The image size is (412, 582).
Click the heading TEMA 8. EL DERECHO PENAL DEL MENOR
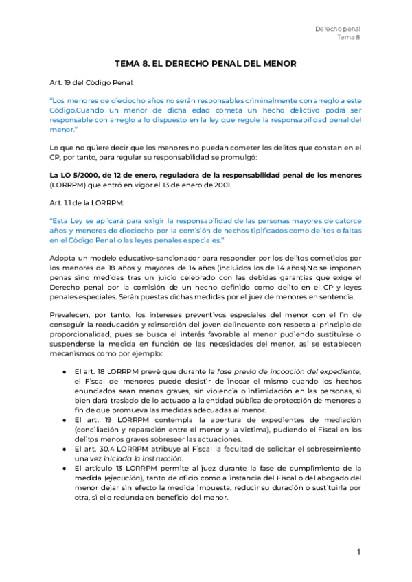click(205, 64)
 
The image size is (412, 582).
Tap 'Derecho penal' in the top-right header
click(337, 29)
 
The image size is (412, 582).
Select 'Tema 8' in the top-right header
click(349, 38)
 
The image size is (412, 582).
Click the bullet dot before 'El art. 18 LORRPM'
click(64, 371)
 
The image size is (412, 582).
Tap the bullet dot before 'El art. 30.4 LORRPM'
click(64, 448)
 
